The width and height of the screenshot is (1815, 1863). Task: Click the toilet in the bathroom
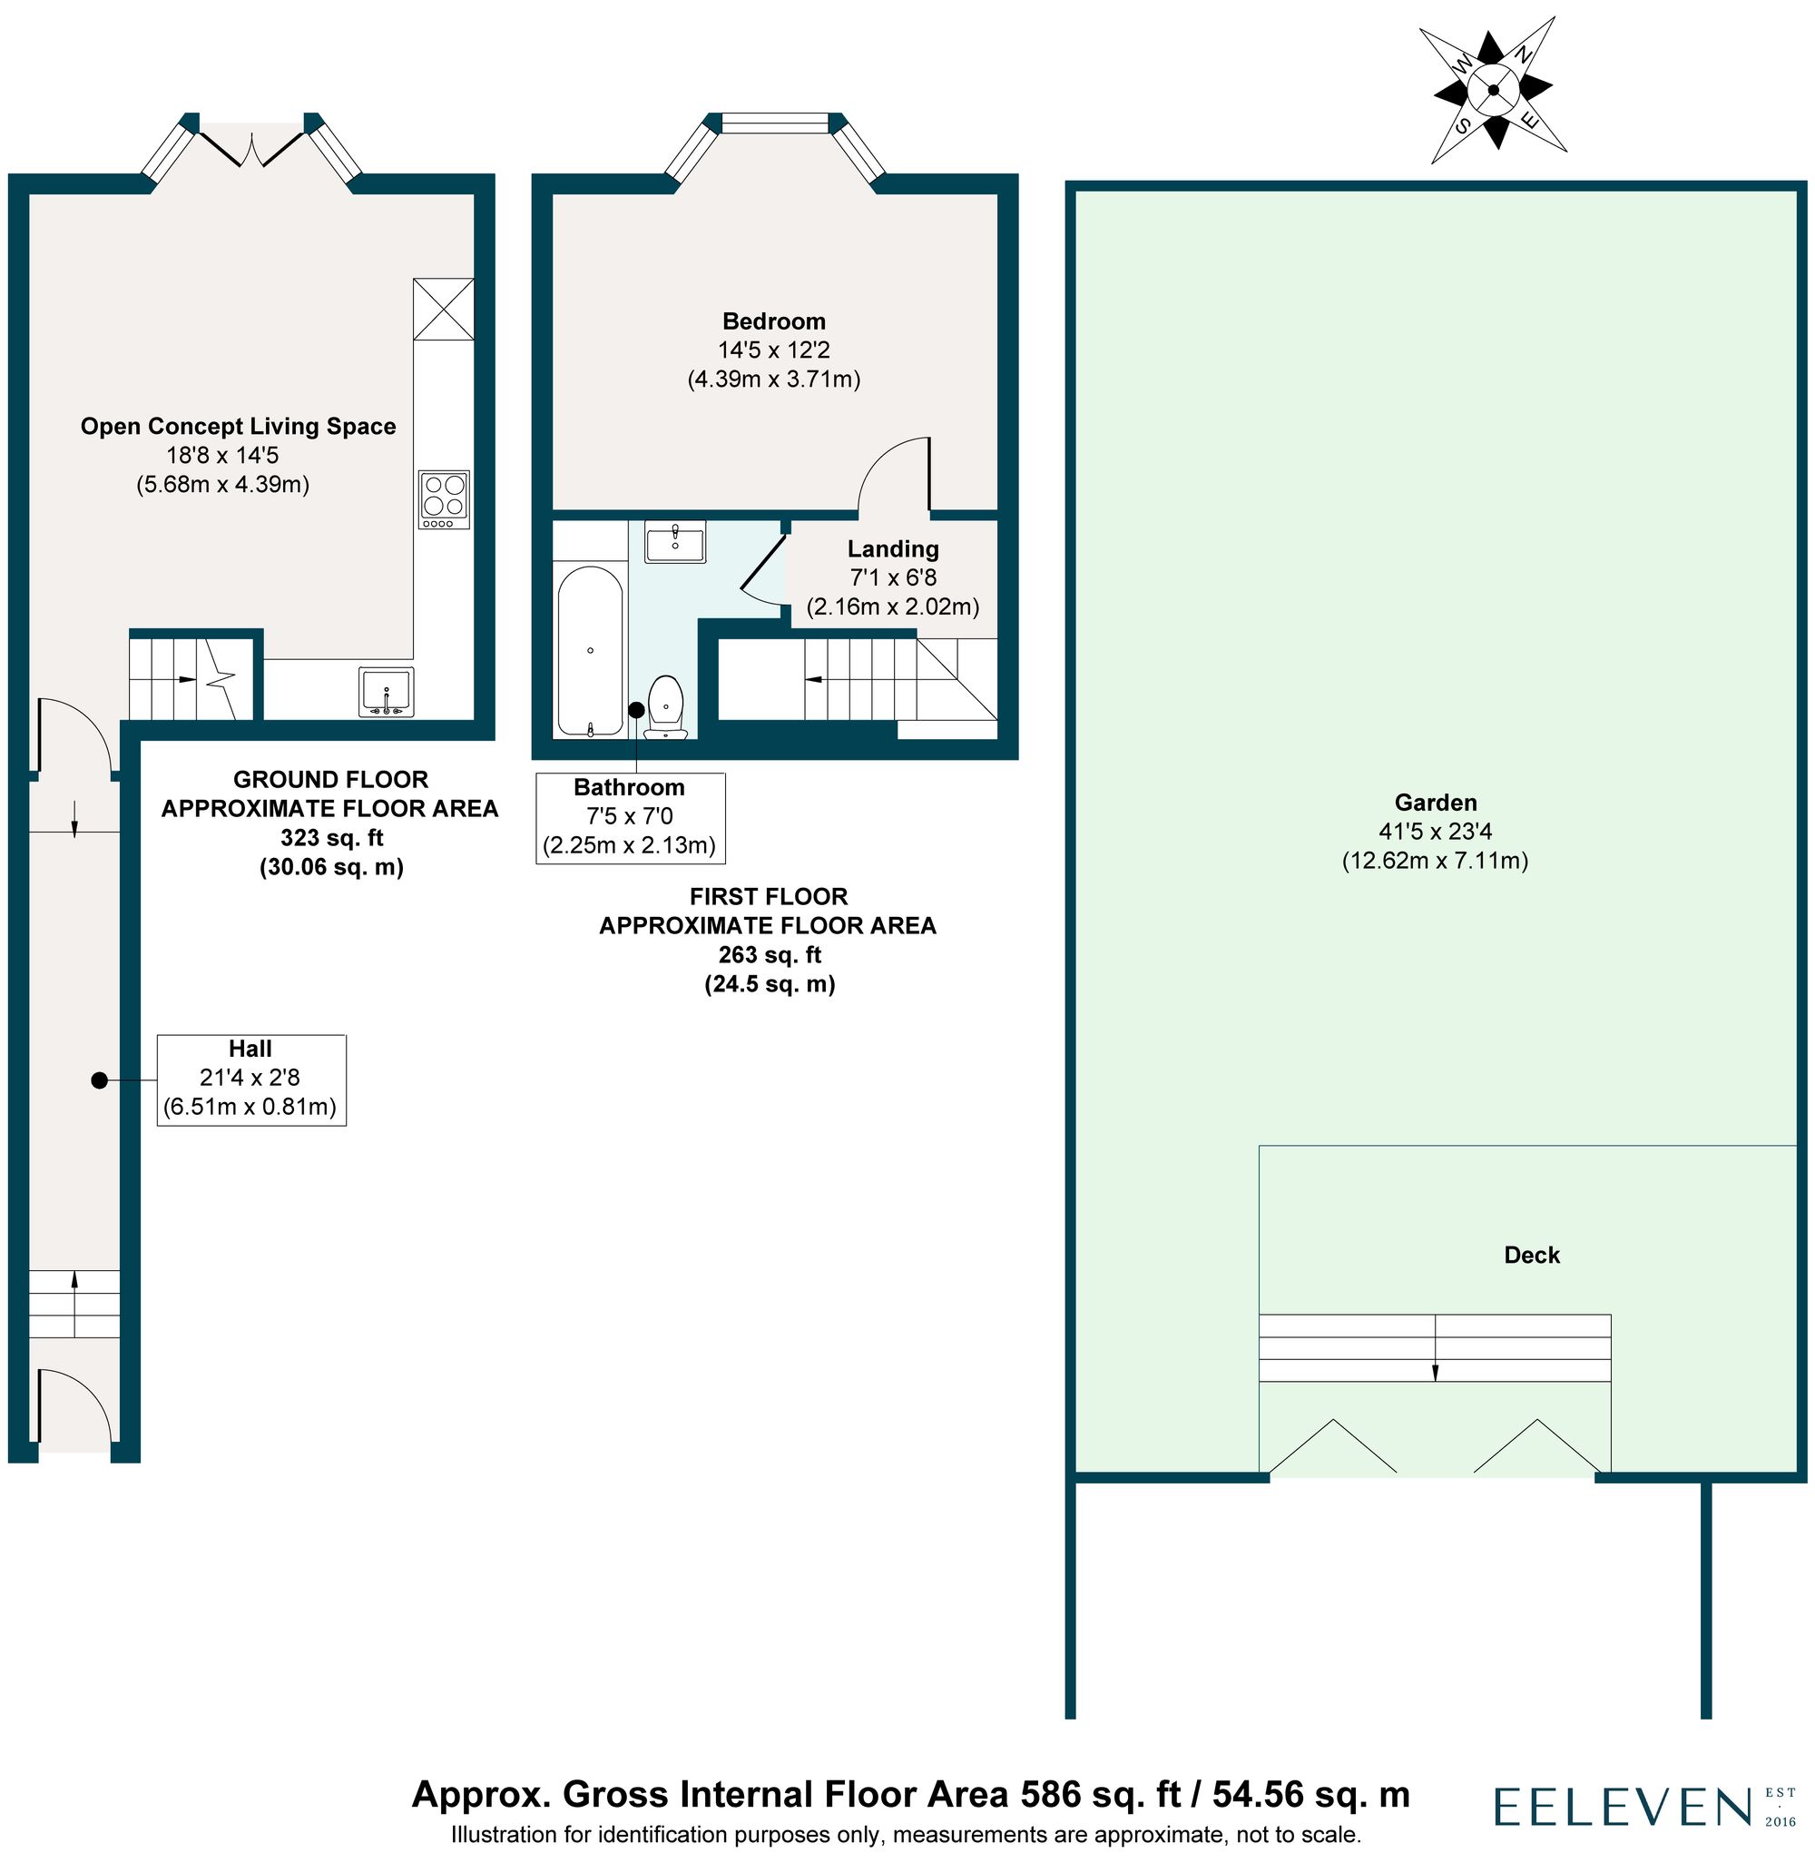[x=665, y=705]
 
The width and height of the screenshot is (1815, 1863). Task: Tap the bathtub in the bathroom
[x=590, y=651]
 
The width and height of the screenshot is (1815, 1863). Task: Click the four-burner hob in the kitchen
[x=444, y=499]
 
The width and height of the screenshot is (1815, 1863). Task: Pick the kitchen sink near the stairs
[x=386, y=692]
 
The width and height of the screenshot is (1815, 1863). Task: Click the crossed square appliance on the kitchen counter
[x=444, y=309]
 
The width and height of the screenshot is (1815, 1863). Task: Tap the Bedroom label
[x=773, y=321]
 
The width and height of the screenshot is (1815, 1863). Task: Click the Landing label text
[x=893, y=549]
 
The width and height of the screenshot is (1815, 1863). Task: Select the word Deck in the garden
[x=1531, y=1255]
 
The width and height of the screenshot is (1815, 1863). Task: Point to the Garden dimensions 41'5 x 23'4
[x=1435, y=833]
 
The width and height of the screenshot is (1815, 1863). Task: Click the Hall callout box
[x=250, y=1079]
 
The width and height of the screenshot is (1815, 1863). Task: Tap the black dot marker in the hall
[x=99, y=1080]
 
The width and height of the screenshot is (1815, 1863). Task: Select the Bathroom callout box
[x=630, y=817]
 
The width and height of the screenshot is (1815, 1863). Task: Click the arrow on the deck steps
[x=1435, y=1369]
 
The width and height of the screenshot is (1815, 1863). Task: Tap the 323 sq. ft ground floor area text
[x=332, y=838]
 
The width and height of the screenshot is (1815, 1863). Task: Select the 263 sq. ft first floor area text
[x=770, y=954]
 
